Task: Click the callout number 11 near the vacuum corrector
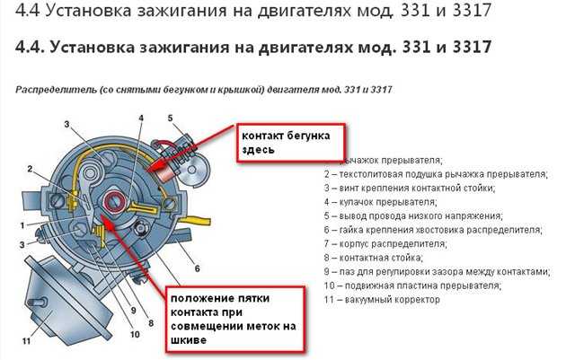tap(26, 341)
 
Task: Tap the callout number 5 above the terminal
tap(170, 118)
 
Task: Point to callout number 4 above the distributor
tap(141, 118)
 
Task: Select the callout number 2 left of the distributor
tap(30, 169)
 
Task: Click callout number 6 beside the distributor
tap(198, 268)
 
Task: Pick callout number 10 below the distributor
tap(135, 334)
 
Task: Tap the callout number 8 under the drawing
tap(151, 323)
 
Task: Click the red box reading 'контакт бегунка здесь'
tap(290, 143)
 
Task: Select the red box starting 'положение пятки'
tap(234, 320)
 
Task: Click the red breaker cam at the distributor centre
tap(115, 201)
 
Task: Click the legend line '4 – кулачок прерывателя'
tap(380, 202)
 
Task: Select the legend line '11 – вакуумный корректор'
tap(382, 300)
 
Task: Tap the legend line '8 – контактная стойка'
tap(374, 258)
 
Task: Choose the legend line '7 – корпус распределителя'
tap(385, 244)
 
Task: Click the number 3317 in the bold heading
tap(472, 48)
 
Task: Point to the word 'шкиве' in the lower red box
tap(189, 340)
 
